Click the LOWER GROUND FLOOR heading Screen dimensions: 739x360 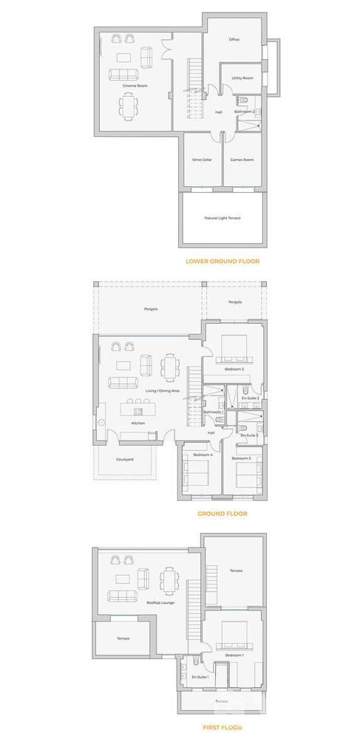click(x=223, y=262)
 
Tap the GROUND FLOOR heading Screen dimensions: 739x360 click(x=222, y=513)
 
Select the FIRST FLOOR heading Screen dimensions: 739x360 click(x=222, y=727)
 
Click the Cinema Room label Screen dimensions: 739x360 click(x=135, y=86)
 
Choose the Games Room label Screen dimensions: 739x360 click(x=242, y=160)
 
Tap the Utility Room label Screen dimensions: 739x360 click(x=242, y=78)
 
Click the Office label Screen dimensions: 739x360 click(x=234, y=40)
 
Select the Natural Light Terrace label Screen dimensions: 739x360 click(x=223, y=218)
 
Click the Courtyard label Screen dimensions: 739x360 click(x=125, y=460)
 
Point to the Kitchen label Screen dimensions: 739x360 click(x=138, y=423)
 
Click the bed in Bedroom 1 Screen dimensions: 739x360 click(x=235, y=633)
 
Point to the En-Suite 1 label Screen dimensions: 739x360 click(x=200, y=677)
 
